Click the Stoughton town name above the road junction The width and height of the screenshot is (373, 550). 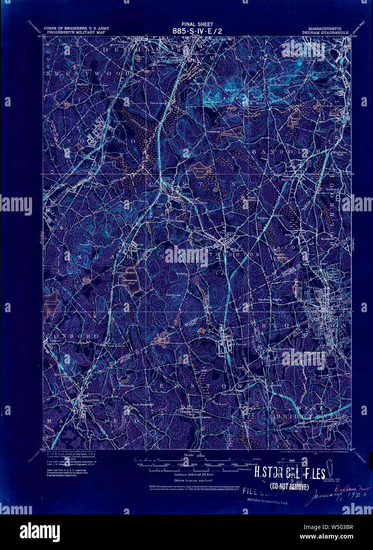tap(227, 233)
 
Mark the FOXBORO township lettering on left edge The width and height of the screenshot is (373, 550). tap(72, 336)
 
